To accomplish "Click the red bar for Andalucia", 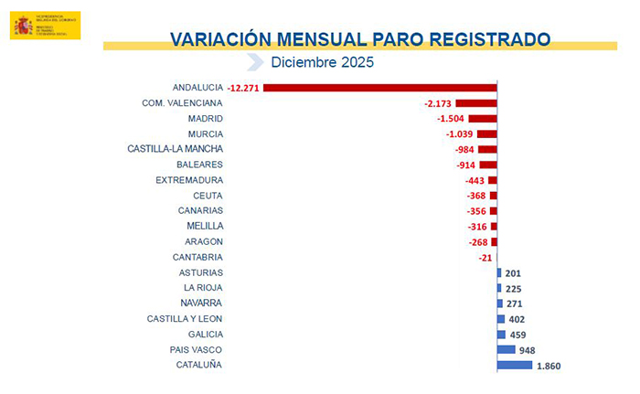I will pos(379,88).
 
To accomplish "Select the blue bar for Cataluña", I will pos(514,366).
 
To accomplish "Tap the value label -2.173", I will pos(438,103).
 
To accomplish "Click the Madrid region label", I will pos(205,119).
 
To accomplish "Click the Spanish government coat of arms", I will pos(22,27).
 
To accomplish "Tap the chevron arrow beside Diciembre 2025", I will pos(255,62).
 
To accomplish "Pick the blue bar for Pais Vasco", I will pos(505,350).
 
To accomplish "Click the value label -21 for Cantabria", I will pos(485,258).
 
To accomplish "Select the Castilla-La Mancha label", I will pos(176,149).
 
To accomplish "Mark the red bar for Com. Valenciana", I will pos(475,103).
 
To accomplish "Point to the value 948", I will pos(528,350).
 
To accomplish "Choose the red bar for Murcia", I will pos(486,134).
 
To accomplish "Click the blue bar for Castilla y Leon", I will pos(500,319).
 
